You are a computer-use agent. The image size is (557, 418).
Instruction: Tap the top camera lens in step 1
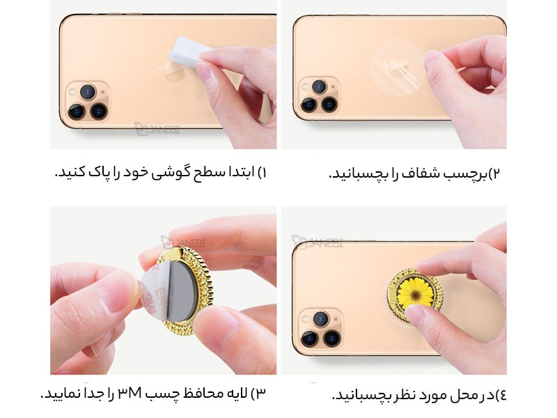pos(88,91)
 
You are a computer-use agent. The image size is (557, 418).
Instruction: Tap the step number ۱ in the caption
pos(262,172)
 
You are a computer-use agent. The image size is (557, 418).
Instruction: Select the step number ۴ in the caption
pos(501,395)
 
